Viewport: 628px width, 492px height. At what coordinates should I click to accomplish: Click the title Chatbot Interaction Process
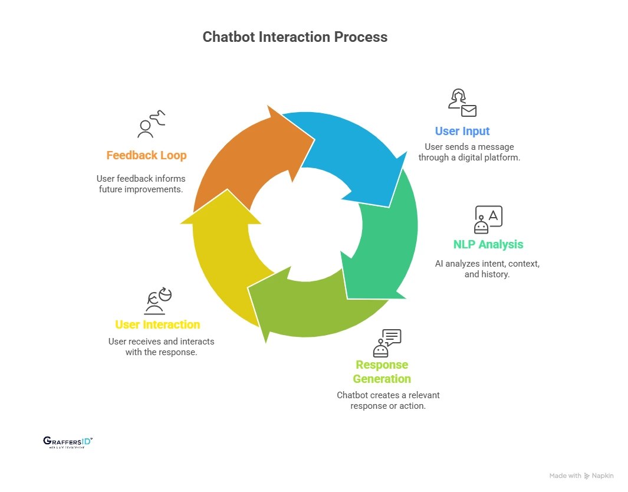click(x=295, y=37)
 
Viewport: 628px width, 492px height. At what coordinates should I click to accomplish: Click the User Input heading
click(x=462, y=131)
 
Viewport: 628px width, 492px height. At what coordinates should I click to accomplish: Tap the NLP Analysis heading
click(x=488, y=244)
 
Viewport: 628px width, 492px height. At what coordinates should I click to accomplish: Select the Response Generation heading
click(x=382, y=372)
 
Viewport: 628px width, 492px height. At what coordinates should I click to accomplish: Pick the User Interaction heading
click(x=157, y=324)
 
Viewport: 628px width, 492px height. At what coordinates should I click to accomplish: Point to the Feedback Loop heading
click(x=146, y=155)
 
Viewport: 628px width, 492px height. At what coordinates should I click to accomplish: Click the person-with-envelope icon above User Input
click(x=462, y=103)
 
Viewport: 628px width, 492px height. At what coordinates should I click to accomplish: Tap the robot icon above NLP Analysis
click(x=488, y=219)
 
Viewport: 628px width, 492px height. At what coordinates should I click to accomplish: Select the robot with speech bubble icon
click(x=387, y=342)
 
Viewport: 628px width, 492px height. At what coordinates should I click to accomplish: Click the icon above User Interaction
click(x=157, y=301)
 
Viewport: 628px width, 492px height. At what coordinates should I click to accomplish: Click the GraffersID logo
click(x=68, y=442)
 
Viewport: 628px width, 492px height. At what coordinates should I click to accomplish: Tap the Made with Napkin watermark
click(x=581, y=475)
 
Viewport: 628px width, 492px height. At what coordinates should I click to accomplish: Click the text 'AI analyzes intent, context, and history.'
click(x=487, y=269)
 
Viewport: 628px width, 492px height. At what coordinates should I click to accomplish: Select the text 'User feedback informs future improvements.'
click(x=141, y=184)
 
